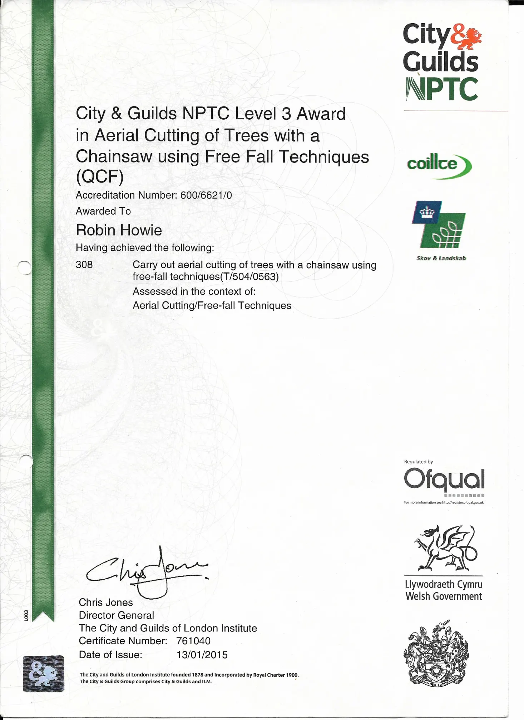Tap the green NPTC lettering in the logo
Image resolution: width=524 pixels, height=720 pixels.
coord(442,89)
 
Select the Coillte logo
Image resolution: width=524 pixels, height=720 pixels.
coord(439,165)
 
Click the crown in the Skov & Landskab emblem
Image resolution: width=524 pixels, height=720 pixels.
coord(426,212)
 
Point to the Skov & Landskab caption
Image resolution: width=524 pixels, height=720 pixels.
coord(441,258)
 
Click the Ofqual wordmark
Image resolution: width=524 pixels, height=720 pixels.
coord(444,480)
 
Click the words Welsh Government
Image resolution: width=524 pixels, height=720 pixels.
coord(444,596)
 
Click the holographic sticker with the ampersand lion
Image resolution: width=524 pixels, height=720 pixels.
coord(44,674)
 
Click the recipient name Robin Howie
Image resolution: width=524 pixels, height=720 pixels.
coord(119,230)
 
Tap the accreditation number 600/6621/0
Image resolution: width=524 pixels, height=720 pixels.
coord(206,195)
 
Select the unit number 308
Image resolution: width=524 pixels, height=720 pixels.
coord(84,265)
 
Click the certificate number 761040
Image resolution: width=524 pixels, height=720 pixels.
coord(193,641)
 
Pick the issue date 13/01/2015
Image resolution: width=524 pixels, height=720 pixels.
coord(202,655)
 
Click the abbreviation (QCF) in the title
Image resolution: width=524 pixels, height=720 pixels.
coord(100,176)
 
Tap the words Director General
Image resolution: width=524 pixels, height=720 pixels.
coord(117,615)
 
